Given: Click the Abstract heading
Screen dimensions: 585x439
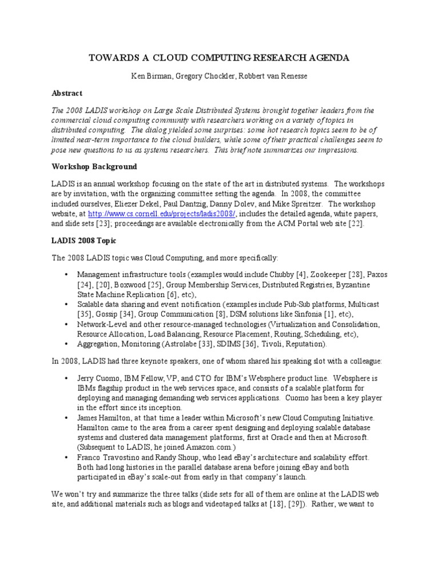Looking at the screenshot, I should tap(67, 93).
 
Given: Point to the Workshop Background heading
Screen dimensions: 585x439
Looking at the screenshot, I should tap(94, 166).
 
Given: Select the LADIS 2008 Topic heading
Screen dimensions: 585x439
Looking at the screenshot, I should tap(84, 241).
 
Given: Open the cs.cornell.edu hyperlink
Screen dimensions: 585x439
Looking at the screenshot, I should tap(148, 214).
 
